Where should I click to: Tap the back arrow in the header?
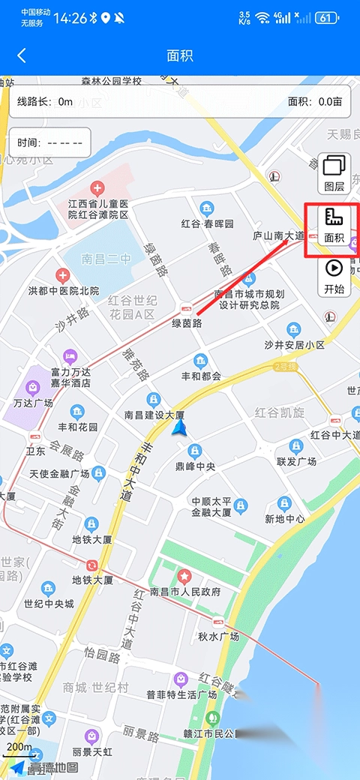click(x=22, y=55)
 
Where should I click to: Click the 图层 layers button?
click(x=334, y=173)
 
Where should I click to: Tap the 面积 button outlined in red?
click(x=334, y=226)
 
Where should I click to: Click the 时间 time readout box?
click(x=49, y=142)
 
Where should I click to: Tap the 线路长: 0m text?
click(x=45, y=101)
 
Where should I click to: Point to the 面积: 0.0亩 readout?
click(x=315, y=101)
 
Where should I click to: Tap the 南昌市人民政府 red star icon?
click(x=184, y=577)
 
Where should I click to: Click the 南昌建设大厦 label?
click(x=154, y=415)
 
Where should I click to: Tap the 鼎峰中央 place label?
click(x=195, y=466)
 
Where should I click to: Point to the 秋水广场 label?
click(x=218, y=636)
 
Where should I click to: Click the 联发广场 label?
click(x=298, y=460)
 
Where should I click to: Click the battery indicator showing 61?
click(x=327, y=17)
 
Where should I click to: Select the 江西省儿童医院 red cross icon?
click(x=97, y=187)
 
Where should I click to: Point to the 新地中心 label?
click(x=285, y=518)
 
